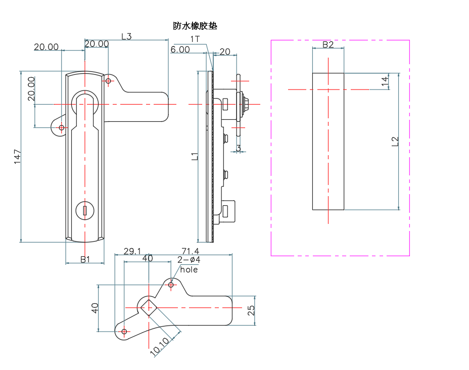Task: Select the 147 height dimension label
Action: pos(17,157)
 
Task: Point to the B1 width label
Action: pos(85,259)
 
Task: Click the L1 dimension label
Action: pos(195,157)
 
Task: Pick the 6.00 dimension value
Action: pos(180,50)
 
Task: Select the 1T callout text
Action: pos(195,39)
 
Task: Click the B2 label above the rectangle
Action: pos(328,44)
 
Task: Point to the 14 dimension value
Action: pos(385,81)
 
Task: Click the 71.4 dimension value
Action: pos(190,251)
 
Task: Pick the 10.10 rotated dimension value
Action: pos(160,347)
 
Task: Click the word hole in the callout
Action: pos(189,270)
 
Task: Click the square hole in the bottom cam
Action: pos(148,307)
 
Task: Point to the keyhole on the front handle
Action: pos(85,210)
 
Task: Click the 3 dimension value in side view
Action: pos(238,149)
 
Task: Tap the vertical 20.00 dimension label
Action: pos(31,89)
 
